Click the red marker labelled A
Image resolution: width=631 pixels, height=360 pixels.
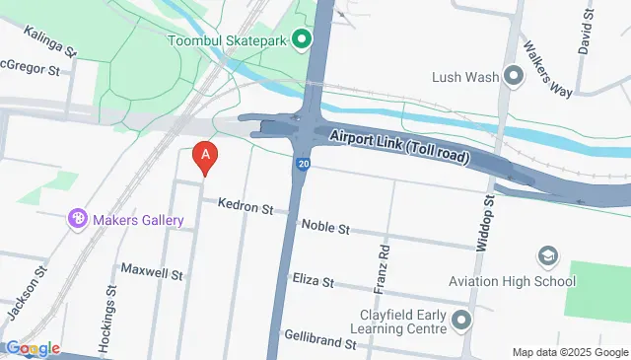[204, 157]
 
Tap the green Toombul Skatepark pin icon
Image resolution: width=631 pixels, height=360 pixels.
[302, 40]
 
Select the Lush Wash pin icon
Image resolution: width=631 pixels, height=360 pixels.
[513, 76]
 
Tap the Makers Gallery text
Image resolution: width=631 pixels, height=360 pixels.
[139, 220]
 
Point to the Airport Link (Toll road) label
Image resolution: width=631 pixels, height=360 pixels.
[399, 147]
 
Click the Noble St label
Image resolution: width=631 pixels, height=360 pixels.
[325, 228]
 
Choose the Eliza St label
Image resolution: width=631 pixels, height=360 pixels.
[315, 279]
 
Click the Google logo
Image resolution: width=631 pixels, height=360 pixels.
[32, 348]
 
